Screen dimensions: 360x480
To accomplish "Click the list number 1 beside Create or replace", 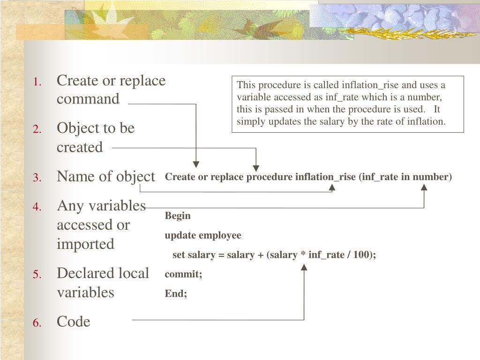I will tap(38, 82).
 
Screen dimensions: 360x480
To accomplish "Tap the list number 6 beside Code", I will tap(38, 323).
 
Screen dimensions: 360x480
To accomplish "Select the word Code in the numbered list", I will tap(73, 322).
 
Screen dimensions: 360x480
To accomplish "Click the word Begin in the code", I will tap(178, 216).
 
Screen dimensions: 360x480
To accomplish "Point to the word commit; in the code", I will tap(183, 275).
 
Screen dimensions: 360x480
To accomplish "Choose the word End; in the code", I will tap(176, 294).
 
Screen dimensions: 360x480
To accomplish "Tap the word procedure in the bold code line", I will tap(270, 177).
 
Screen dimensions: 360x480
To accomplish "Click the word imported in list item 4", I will tap(85, 244).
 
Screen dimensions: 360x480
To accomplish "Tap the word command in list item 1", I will tap(88, 99).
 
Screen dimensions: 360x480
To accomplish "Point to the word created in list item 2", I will tap(80, 148).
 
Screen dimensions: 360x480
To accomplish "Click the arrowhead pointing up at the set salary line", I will tap(304, 267).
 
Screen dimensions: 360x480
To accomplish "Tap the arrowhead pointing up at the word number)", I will tap(424, 187).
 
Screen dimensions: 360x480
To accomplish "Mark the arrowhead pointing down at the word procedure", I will tap(255, 167).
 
